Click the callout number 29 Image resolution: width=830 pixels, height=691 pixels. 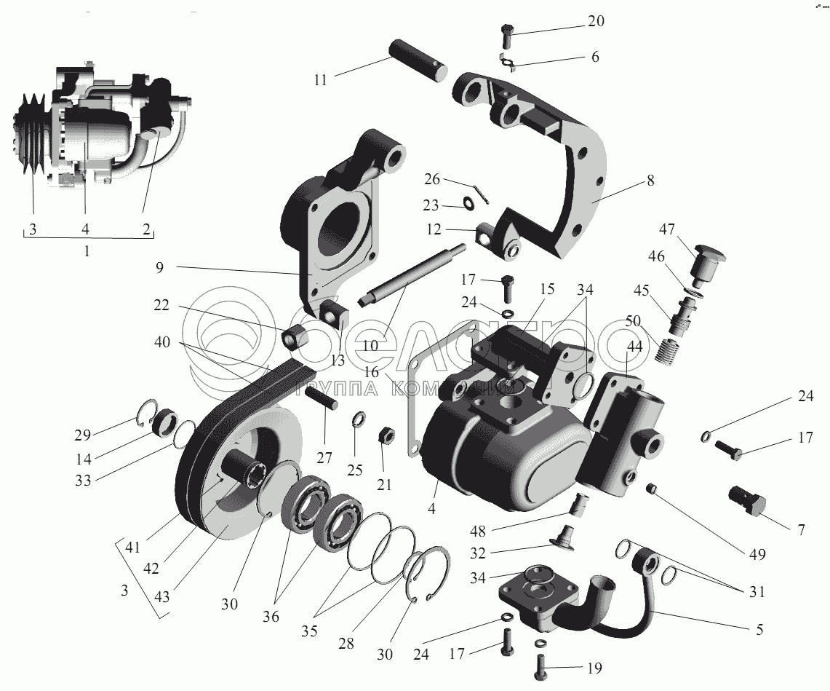[x=82, y=435]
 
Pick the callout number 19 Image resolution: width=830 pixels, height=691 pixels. [x=595, y=668]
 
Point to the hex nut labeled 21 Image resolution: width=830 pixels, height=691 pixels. [x=383, y=437]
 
